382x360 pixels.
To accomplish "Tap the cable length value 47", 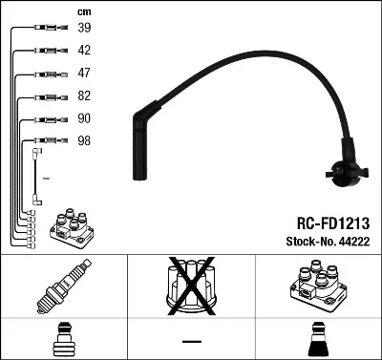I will pos(85,74).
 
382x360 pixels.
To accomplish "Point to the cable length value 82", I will pos(85,96).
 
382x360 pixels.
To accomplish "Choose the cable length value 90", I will pos(85,118).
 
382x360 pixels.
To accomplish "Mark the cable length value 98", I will pos(85,140).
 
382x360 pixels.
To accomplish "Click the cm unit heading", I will pos(84,10).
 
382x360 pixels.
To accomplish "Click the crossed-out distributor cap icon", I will pos(192,287).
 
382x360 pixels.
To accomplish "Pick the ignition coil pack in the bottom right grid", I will pos(314,287).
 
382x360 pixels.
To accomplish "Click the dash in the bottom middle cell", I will pos(192,340).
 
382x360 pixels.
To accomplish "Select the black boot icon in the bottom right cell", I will pos(316,340).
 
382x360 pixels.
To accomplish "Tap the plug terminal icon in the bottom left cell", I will pos(63,340).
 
